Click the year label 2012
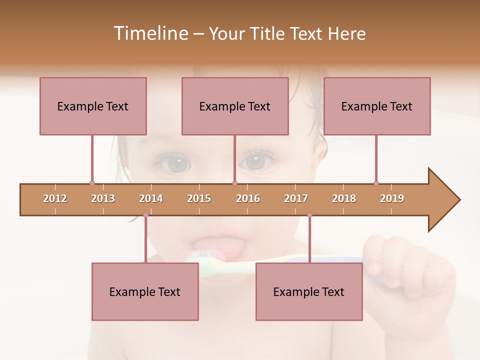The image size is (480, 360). click(55, 198)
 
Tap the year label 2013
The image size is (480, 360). click(103, 198)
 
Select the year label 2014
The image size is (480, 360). click(151, 198)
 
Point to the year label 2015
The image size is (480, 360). click(199, 198)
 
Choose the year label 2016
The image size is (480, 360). click(248, 198)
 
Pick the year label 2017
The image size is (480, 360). click(296, 198)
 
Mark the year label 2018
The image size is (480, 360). click(344, 198)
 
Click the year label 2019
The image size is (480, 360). click(392, 198)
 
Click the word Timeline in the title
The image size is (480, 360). click(149, 33)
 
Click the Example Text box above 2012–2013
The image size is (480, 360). click(93, 106)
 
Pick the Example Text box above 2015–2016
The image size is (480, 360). click(235, 106)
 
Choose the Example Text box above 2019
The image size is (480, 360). click(377, 106)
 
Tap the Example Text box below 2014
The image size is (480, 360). click(145, 291)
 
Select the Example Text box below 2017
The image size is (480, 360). click(309, 291)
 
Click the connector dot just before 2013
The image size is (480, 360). click(92, 183)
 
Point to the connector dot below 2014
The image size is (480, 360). click(145, 215)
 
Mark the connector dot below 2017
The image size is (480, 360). click(309, 215)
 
